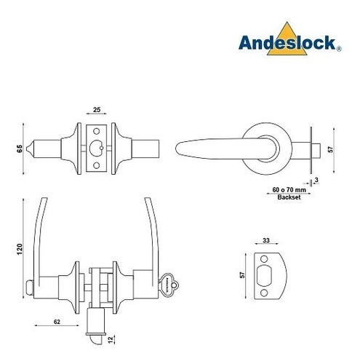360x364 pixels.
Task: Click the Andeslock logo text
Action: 287,43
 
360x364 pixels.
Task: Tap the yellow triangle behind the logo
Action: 287,39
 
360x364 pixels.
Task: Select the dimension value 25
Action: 97,110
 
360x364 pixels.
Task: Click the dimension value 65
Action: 20,149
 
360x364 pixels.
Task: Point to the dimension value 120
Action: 20,249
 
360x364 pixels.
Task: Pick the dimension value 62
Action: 57,322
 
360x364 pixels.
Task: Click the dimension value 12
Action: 111,340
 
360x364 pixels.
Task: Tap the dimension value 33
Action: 266,240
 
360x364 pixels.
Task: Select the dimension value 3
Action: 316,180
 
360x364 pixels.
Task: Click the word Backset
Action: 289,197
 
